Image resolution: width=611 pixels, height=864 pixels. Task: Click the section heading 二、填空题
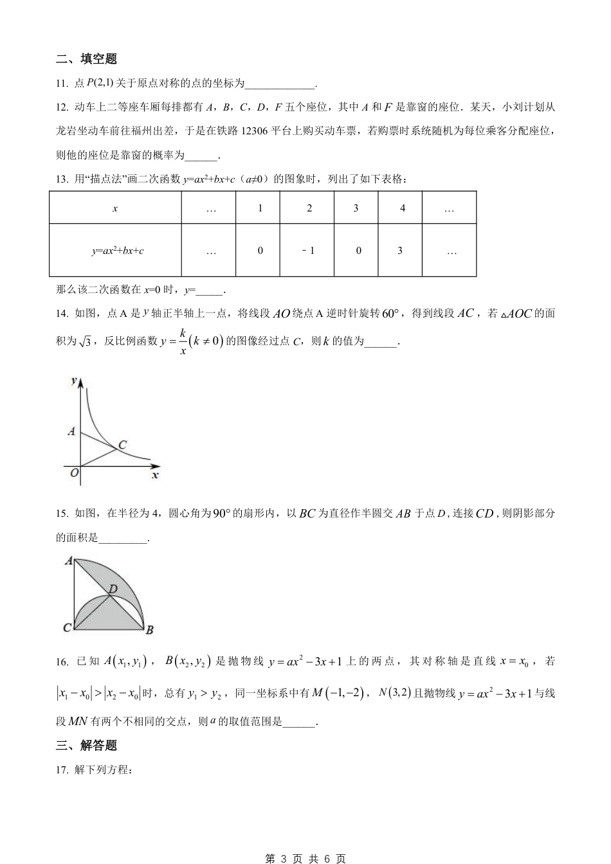(x=86, y=59)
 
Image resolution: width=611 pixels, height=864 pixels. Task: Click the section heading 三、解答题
(x=86, y=746)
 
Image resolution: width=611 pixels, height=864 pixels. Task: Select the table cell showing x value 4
(x=402, y=208)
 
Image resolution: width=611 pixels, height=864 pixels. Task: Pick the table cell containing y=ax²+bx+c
(x=116, y=250)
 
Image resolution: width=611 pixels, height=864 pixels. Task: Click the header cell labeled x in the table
(x=115, y=208)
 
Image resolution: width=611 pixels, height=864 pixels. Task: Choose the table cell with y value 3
(x=400, y=250)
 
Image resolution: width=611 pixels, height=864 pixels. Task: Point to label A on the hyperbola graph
(x=71, y=431)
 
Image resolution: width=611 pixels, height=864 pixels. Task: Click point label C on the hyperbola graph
(x=122, y=444)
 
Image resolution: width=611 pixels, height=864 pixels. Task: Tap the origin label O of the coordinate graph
(x=74, y=473)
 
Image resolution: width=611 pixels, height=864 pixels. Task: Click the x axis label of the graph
(x=154, y=475)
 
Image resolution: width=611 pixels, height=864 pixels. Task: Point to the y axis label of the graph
(x=74, y=381)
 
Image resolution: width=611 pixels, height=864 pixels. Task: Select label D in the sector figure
(x=113, y=588)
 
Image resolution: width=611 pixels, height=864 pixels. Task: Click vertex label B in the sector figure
(x=149, y=629)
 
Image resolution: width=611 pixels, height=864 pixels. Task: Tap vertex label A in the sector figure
(x=69, y=561)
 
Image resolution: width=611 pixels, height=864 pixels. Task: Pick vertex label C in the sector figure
(x=67, y=628)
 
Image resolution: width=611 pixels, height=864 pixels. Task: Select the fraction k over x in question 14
(x=183, y=342)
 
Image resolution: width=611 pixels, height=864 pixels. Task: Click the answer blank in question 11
(x=280, y=84)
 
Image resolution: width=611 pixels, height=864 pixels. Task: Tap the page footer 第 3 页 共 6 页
(x=305, y=858)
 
